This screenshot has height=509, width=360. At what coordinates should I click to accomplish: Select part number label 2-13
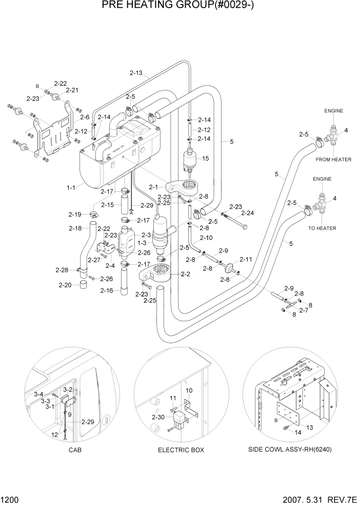pyautogui.click(x=136, y=73)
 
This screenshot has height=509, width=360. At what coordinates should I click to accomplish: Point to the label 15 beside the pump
pyautogui.click(x=205, y=159)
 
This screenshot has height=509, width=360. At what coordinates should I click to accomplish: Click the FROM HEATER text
pyautogui.click(x=333, y=160)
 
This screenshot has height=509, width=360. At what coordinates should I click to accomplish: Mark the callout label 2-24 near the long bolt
pyautogui.click(x=248, y=212)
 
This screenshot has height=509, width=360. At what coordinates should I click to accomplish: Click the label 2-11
pyautogui.click(x=246, y=260)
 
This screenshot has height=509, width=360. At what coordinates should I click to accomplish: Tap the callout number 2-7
pyautogui.click(x=304, y=310)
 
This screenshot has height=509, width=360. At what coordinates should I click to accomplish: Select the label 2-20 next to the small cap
pyautogui.click(x=65, y=285)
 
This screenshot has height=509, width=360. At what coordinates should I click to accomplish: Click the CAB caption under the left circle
pyautogui.click(x=74, y=450)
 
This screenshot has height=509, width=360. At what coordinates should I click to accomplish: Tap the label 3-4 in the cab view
pyautogui.click(x=39, y=394)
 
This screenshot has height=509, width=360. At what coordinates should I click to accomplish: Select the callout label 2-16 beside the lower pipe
pyautogui.click(x=108, y=291)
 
